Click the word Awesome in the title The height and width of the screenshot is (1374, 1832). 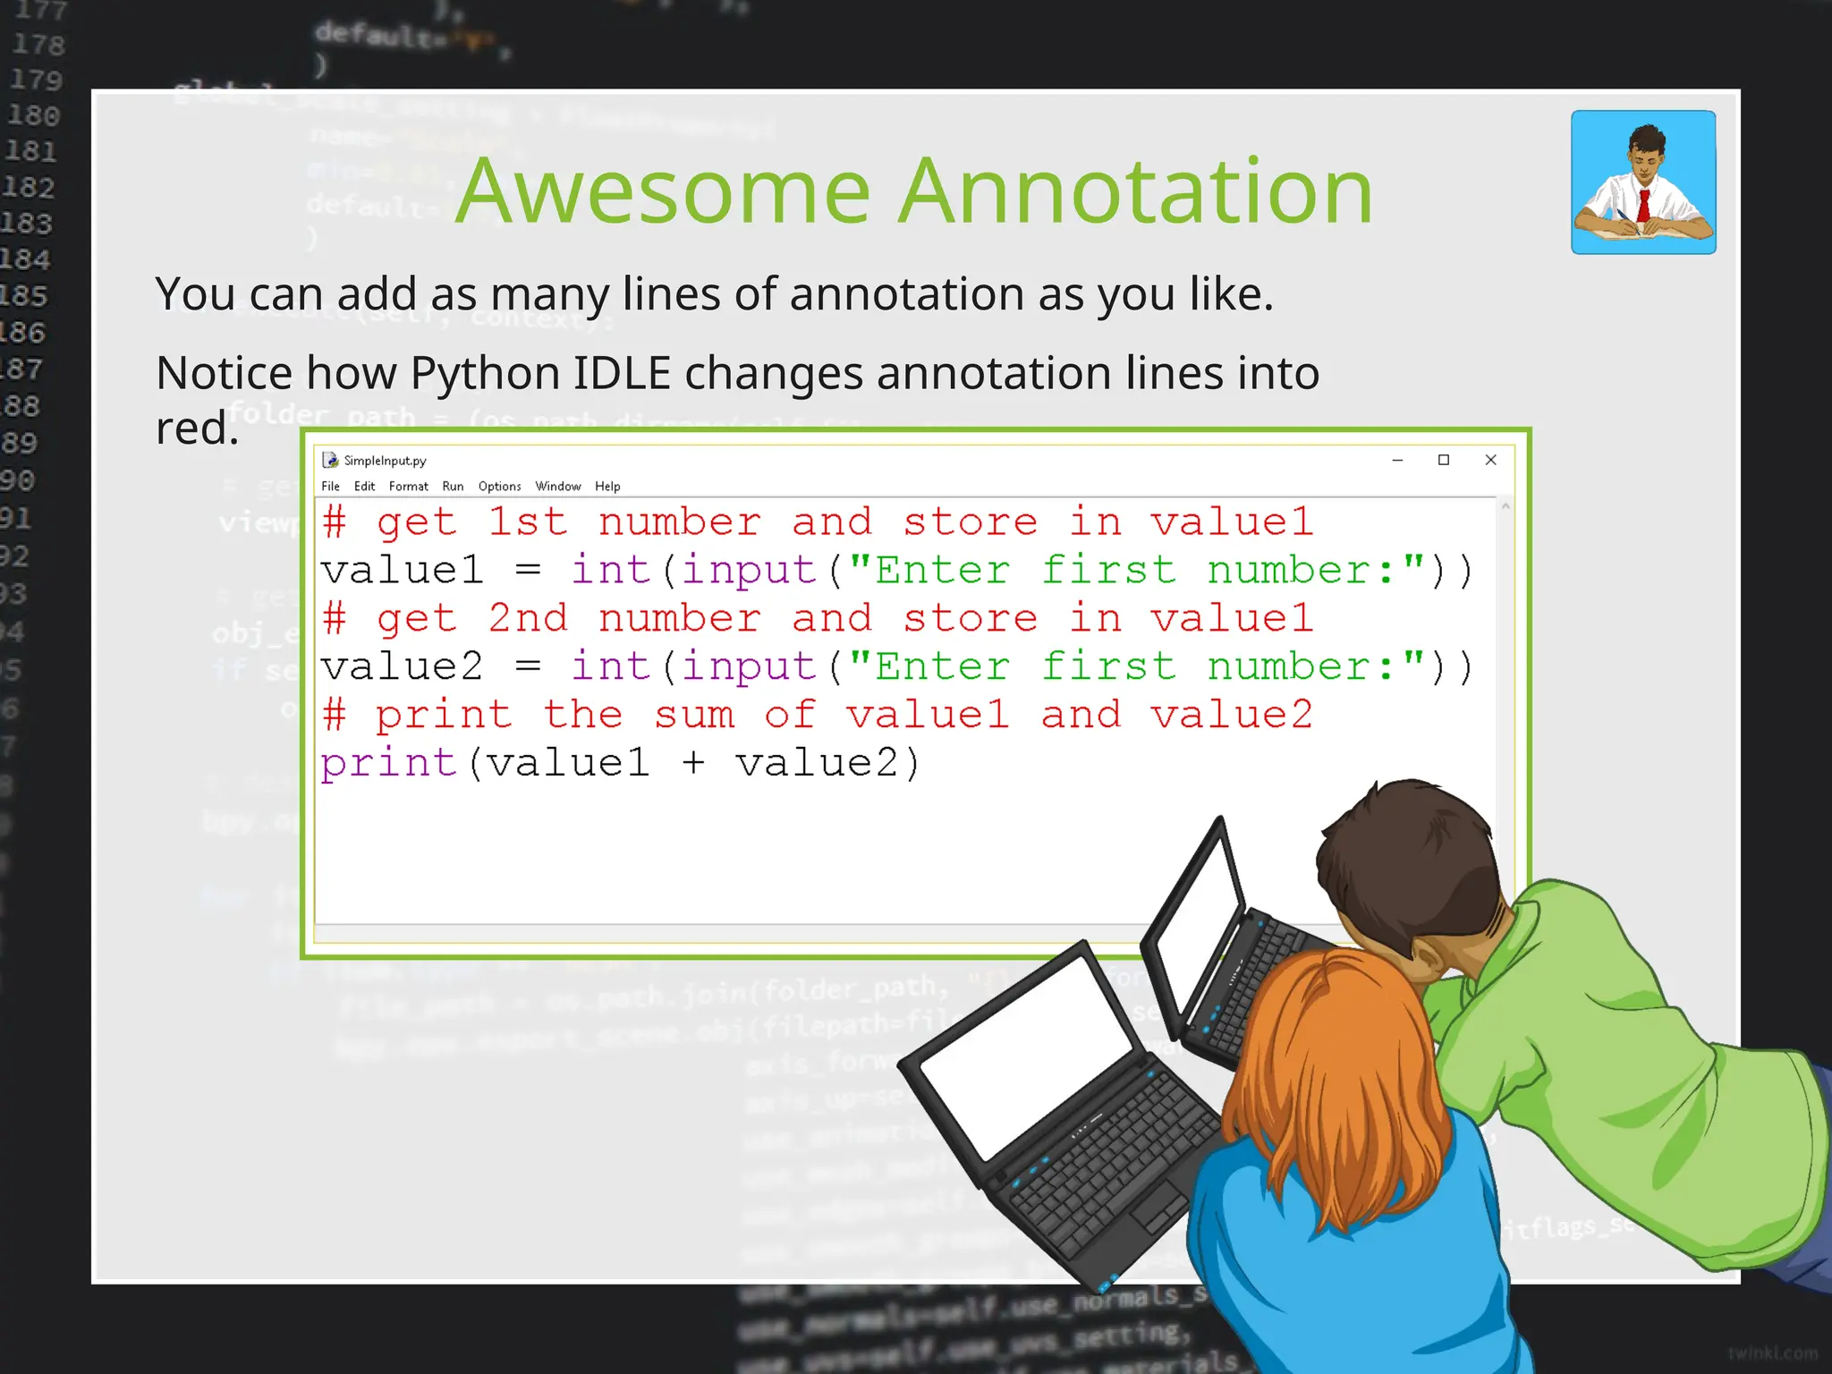point(662,191)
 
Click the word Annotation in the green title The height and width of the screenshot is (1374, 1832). point(1135,191)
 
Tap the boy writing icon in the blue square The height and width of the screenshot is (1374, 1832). point(1643,182)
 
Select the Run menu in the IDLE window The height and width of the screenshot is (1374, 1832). point(453,487)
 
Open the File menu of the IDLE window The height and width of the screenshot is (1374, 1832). point(330,487)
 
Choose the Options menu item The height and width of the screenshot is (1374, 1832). point(499,487)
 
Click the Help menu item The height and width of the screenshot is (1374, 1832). point(607,487)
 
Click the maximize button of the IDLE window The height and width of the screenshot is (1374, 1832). point(1443,460)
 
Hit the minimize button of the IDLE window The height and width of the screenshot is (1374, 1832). point(1397,460)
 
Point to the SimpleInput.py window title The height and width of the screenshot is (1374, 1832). point(385,461)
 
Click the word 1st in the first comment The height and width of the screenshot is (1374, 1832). point(527,522)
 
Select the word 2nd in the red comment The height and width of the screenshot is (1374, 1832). point(527,619)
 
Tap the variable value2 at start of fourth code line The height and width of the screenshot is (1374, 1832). point(402,667)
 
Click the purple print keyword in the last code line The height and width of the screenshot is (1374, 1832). point(389,764)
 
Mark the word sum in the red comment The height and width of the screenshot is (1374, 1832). point(694,716)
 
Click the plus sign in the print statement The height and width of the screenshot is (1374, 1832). point(693,764)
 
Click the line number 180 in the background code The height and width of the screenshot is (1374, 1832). point(33,115)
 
